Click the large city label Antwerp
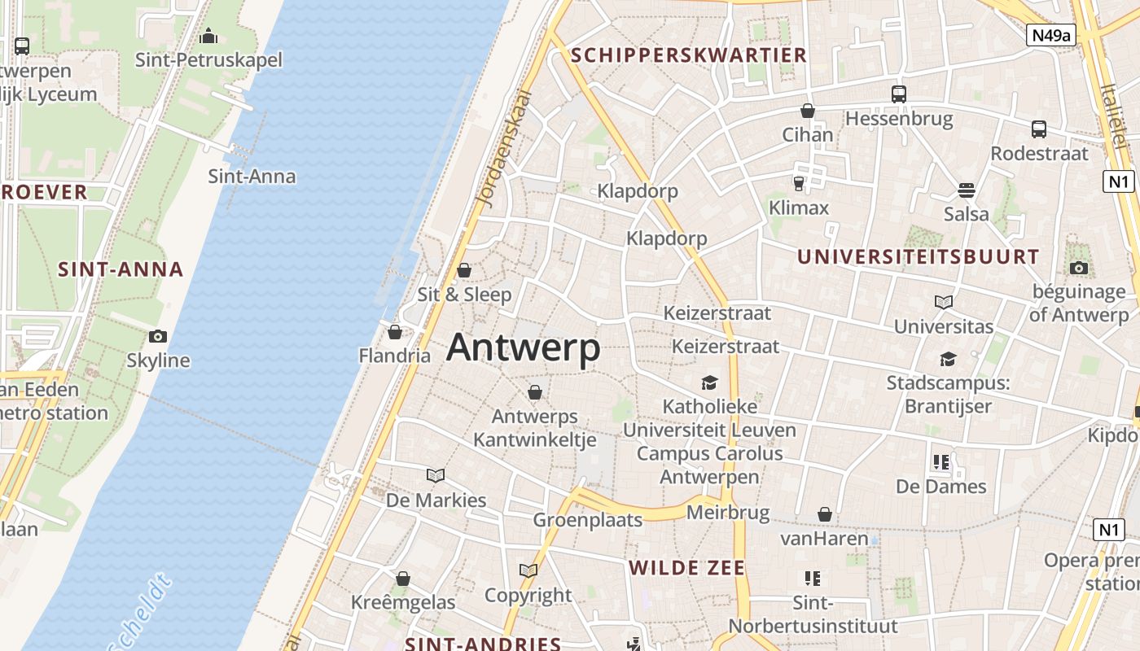(x=523, y=347)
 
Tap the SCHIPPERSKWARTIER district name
(x=689, y=55)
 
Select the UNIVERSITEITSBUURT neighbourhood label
(x=918, y=257)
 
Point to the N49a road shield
(x=1050, y=35)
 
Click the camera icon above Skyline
(x=158, y=336)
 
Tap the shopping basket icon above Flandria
(x=395, y=332)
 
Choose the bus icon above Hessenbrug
(x=898, y=94)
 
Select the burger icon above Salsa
(x=967, y=190)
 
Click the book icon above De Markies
(x=436, y=475)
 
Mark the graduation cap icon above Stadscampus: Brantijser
(x=948, y=359)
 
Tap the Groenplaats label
(x=587, y=519)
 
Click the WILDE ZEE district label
(x=686, y=568)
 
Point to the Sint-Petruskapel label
(x=208, y=59)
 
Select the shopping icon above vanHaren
(x=825, y=514)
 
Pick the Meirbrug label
(x=727, y=513)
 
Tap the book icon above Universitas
(x=944, y=303)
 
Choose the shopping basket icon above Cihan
(x=808, y=111)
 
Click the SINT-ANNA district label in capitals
(x=121, y=269)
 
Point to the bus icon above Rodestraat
(x=1039, y=129)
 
